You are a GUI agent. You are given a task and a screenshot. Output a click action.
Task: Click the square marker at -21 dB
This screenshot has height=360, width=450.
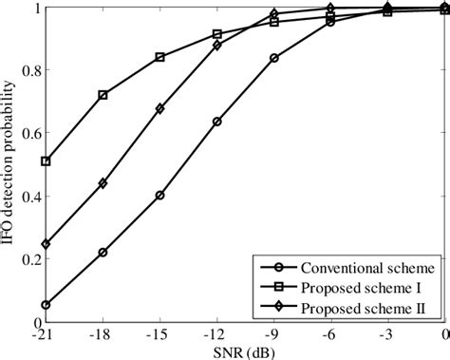click(x=47, y=161)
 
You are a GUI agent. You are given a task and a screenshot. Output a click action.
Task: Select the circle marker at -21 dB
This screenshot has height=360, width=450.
click(x=47, y=305)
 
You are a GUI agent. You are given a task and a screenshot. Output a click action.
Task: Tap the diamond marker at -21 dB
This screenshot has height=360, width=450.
click(x=47, y=244)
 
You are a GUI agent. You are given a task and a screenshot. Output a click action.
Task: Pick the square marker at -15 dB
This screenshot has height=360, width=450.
click(x=159, y=57)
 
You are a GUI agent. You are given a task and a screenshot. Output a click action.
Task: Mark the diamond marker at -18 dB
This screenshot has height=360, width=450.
click(x=103, y=183)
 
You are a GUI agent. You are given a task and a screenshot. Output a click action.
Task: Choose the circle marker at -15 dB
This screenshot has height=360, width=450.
click(x=159, y=196)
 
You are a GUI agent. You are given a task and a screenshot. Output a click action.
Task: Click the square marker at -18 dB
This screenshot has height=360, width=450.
click(x=103, y=95)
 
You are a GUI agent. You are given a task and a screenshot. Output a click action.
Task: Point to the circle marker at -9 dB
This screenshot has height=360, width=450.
click(x=274, y=58)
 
